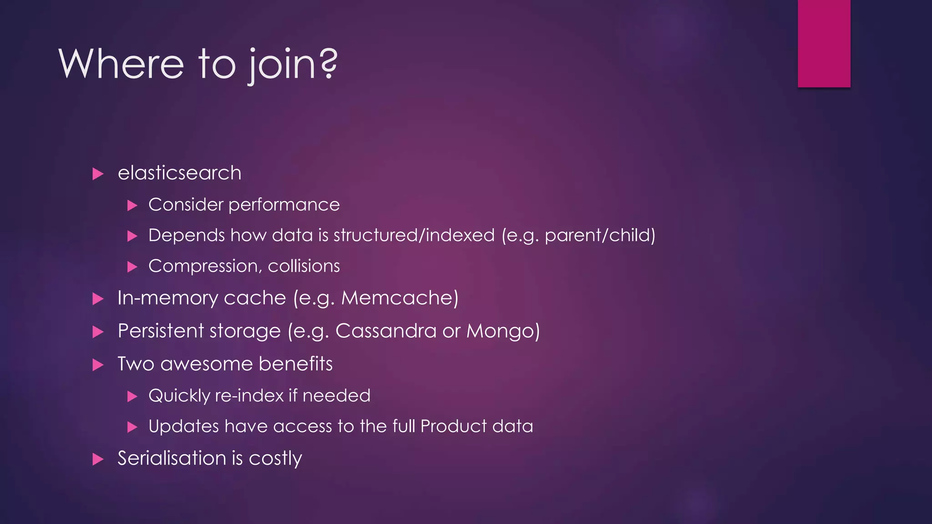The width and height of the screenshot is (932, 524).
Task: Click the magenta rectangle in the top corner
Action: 824,43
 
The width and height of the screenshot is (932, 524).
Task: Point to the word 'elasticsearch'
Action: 179,173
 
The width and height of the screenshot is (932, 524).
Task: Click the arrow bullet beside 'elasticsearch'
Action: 98,174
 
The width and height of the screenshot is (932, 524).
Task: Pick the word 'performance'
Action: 284,205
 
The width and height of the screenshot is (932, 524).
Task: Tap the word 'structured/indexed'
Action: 414,236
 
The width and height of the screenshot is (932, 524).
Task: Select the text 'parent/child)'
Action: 600,236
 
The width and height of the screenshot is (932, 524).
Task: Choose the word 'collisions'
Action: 304,266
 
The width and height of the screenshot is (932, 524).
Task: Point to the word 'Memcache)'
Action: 400,298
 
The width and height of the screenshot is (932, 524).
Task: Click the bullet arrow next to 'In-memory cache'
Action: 98,299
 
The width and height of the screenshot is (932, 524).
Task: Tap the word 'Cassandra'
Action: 386,331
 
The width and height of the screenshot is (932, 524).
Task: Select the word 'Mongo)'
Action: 503,331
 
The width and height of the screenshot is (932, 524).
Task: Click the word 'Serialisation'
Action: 172,458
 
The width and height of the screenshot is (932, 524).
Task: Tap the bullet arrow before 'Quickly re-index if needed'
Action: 132,397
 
